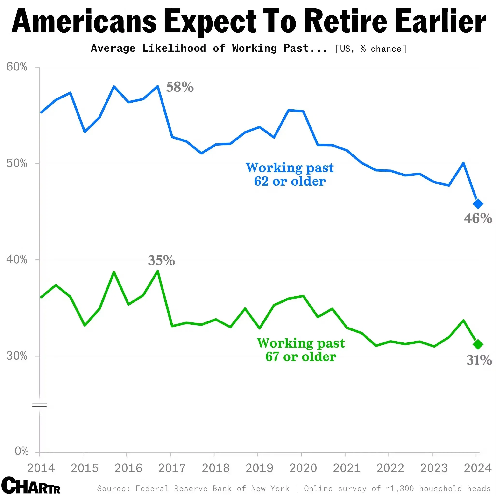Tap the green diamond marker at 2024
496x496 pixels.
(x=478, y=344)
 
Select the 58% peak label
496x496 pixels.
(x=180, y=87)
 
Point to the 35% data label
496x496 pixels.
(x=161, y=260)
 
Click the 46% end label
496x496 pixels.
(x=478, y=218)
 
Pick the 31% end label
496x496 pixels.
(x=479, y=360)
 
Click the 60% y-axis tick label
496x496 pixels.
(x=17, y=67)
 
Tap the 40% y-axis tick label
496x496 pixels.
(x=17, y=259)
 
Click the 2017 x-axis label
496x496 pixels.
(x=172, y=468)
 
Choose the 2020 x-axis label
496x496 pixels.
(x=303, y=468)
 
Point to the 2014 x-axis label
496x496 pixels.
(x=41, y=468)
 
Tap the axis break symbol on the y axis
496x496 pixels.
(x=39, y=405)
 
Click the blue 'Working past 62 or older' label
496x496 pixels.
(x=290, y=174)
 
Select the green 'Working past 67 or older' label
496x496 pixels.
(x=301, y=350)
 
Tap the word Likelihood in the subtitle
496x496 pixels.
(x=174, y=48)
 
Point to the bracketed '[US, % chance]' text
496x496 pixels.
(x=371, y=49)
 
